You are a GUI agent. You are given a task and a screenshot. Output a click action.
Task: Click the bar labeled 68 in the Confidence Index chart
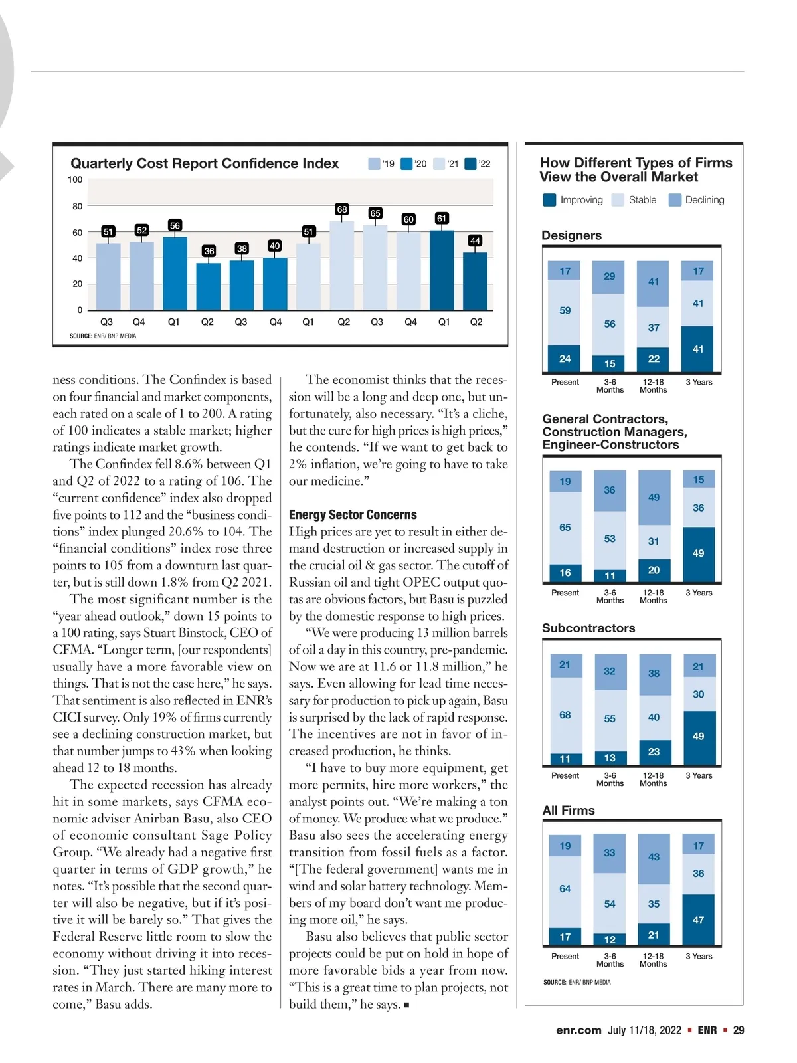[342, 266]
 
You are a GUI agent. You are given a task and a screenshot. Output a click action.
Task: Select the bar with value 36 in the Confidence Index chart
[209, 286]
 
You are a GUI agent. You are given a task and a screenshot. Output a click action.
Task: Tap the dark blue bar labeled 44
[475, 281]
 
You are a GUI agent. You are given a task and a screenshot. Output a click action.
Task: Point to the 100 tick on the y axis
[75, 180]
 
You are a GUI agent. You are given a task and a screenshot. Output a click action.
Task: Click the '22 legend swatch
[471, 164]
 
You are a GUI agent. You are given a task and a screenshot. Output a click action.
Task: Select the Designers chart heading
[571, 235]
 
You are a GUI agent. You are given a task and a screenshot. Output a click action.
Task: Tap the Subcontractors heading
[588, 628]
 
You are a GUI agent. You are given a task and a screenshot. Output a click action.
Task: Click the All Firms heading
[569, 810]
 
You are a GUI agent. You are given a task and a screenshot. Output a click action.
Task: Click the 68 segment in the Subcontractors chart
[565, 715]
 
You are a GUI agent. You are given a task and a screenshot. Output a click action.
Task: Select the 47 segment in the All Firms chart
[698, 919]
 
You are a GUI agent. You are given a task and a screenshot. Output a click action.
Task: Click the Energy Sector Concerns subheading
[353, 515]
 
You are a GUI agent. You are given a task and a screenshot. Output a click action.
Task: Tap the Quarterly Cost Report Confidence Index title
[205, 163]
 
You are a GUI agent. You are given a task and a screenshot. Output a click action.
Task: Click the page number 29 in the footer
[738, 1030]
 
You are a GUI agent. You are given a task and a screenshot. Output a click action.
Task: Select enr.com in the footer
[578, 1030]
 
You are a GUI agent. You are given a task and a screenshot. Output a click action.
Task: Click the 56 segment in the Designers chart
[609, 324]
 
